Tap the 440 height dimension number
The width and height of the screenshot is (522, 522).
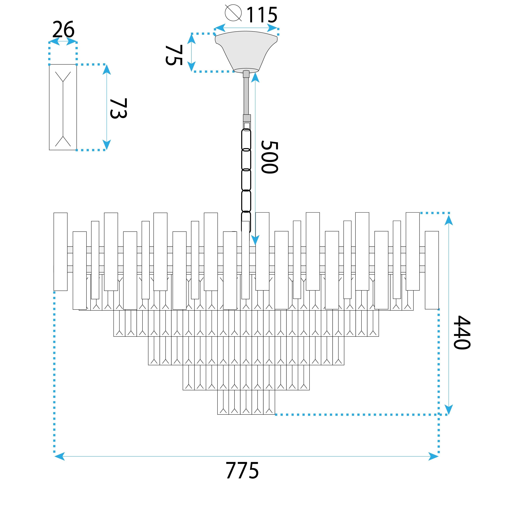pos(462,332)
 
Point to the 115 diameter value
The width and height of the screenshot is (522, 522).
pos(262,15)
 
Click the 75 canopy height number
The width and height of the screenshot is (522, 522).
pos(174,55)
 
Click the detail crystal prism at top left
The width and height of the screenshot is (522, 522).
pos(63,107)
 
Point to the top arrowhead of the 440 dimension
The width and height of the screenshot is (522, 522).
pos(449,220)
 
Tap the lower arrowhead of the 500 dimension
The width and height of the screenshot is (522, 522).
pos(255,240)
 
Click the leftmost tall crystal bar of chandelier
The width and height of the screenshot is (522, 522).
pos(60,252)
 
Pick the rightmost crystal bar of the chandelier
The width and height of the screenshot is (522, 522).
pos(432,270)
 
